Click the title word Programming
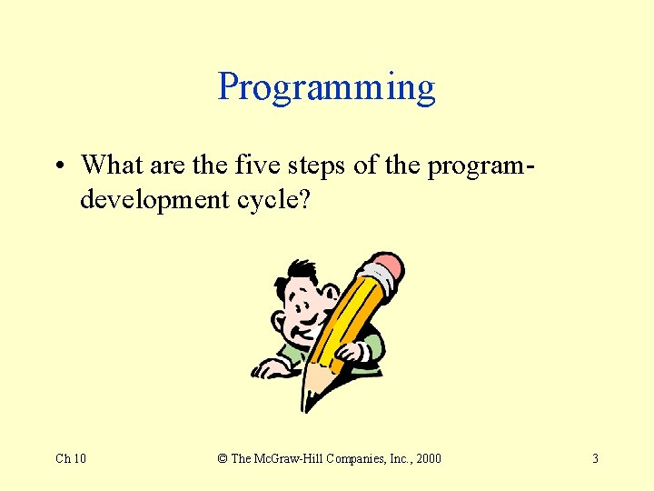tap(327, 87)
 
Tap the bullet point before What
tap(58, 166)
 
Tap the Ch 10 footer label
tap(71, 458)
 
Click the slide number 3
tap(595, 458)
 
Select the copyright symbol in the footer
tap(223, 458)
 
